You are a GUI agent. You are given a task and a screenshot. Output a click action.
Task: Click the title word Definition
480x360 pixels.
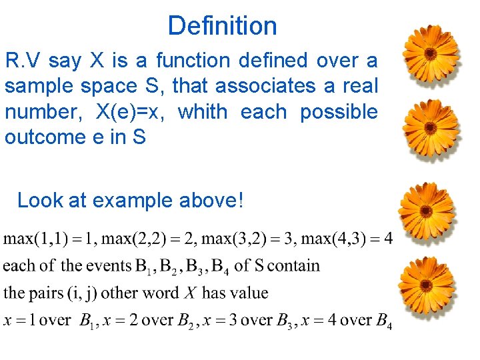[222, 26]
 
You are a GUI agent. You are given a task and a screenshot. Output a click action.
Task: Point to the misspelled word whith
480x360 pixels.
[203, 112]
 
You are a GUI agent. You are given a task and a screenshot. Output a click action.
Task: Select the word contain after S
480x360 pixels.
[293, 266]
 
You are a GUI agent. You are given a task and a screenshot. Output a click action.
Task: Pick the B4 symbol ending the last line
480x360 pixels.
[384, 322]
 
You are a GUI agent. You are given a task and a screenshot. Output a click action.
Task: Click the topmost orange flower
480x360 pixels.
[431, 53]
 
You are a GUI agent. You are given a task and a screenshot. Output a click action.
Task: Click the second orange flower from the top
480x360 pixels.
[431, 129]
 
